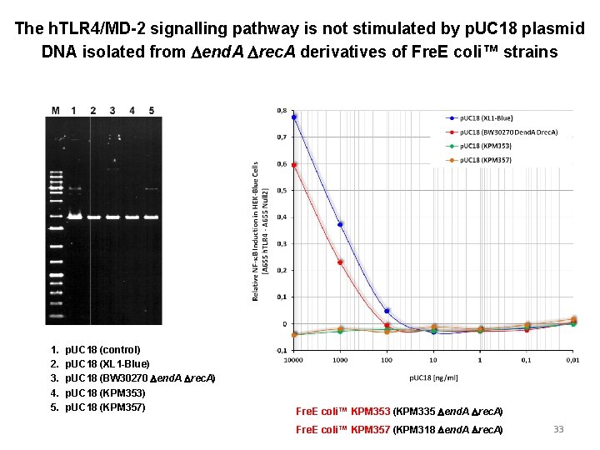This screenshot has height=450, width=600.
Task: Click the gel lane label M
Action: (x=55, y=110)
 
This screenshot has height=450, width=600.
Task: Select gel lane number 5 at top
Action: (x=152, y=110)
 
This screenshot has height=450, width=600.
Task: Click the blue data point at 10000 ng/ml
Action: (x=294, y=117)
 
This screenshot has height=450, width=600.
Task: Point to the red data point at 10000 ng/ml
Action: (x=294, y=164)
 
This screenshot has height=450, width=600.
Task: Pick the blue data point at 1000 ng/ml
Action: (x=340, y=224)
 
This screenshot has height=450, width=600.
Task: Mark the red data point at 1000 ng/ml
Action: (x=340, y=262)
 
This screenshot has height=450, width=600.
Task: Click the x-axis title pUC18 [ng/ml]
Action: (x=432, y=377)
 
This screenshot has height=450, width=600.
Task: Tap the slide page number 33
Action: (x=558, y=429)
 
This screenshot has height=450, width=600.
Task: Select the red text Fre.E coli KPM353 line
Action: (x=399, y=412)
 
